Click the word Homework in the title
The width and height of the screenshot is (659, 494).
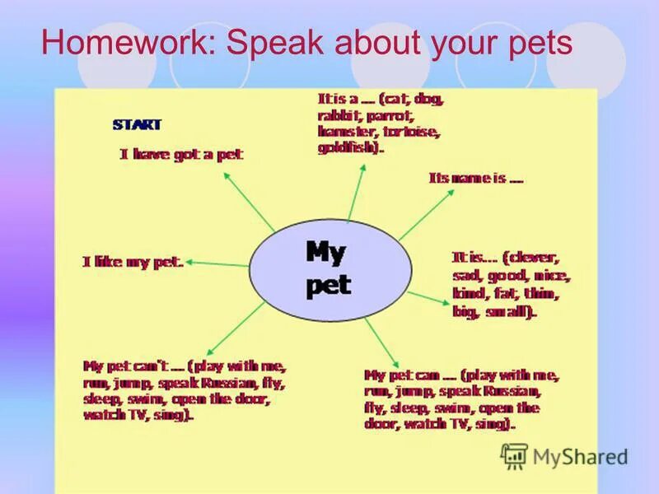pos(128,43)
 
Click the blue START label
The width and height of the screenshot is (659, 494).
pos(137,125)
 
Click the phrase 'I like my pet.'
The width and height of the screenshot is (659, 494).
pos(133,262)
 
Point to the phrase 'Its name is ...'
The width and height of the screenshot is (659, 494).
pos(475,178)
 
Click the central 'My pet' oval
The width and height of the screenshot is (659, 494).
pos(329,268)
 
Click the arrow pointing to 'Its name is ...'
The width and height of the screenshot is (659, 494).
pos(426,216)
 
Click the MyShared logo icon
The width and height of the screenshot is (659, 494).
pos(514,456)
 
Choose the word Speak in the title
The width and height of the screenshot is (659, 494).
pos(278,43)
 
